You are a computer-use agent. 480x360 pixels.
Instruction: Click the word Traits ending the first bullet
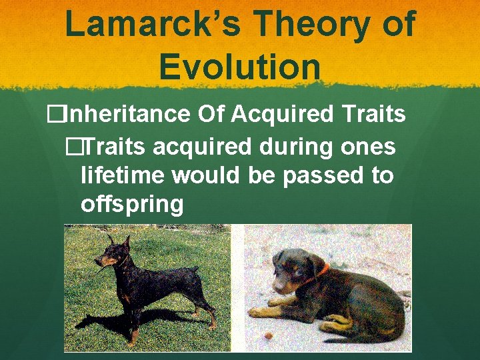[x=373, y=115]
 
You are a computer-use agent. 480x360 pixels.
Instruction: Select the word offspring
[x=131, y=204]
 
